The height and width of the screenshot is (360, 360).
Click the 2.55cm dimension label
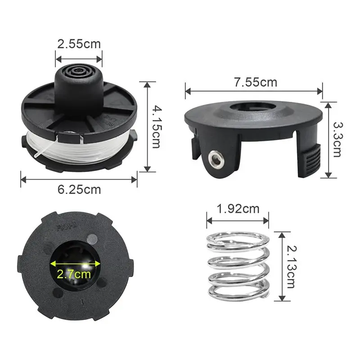79,44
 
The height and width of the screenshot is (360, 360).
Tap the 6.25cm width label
79,189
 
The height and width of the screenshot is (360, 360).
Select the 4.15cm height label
157,127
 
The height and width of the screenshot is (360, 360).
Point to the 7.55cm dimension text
256,82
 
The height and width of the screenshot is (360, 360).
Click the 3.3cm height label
337,139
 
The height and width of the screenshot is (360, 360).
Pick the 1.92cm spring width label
238,209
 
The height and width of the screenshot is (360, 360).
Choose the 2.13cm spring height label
292,267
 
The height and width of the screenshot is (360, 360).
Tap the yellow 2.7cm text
74,274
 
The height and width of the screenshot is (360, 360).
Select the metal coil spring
238,266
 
